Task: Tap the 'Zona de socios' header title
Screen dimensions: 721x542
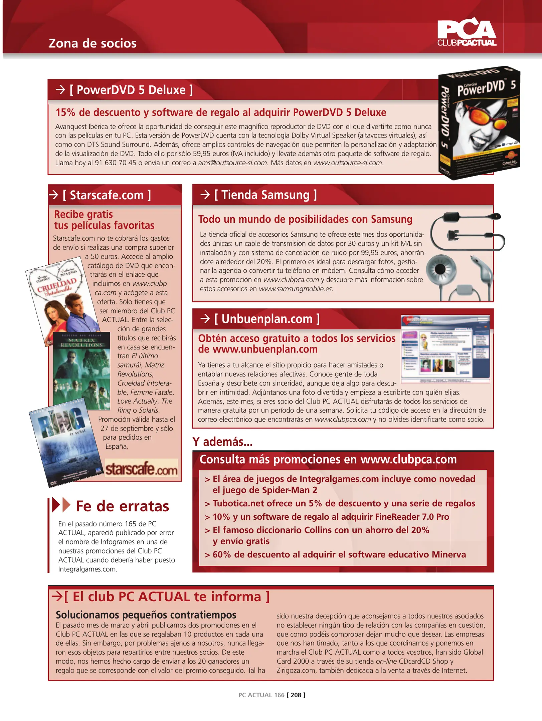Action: (x=93, y=43)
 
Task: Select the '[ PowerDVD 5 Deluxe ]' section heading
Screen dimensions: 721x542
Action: (x=131, y=90)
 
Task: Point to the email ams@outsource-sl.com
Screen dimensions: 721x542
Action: (x=232, y=163)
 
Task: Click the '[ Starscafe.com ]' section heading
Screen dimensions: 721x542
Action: (x=107, y=195)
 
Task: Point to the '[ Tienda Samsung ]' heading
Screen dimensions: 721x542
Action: (x=265, y=195)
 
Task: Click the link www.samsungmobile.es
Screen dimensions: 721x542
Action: (x=296, y=289)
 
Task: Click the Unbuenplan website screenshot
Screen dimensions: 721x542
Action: (x=445, y=349)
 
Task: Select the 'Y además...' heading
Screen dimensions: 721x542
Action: (x=222, y=442)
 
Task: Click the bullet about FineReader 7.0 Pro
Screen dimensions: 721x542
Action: (x=331, y=517)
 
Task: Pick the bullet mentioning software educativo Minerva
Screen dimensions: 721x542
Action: (x=339, y=554)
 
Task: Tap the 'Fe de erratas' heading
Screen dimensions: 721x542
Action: (x=122, y=506)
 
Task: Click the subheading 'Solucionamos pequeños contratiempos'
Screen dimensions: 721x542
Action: (x=146, y=615)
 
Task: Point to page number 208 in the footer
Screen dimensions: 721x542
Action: (x=296, y=695)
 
